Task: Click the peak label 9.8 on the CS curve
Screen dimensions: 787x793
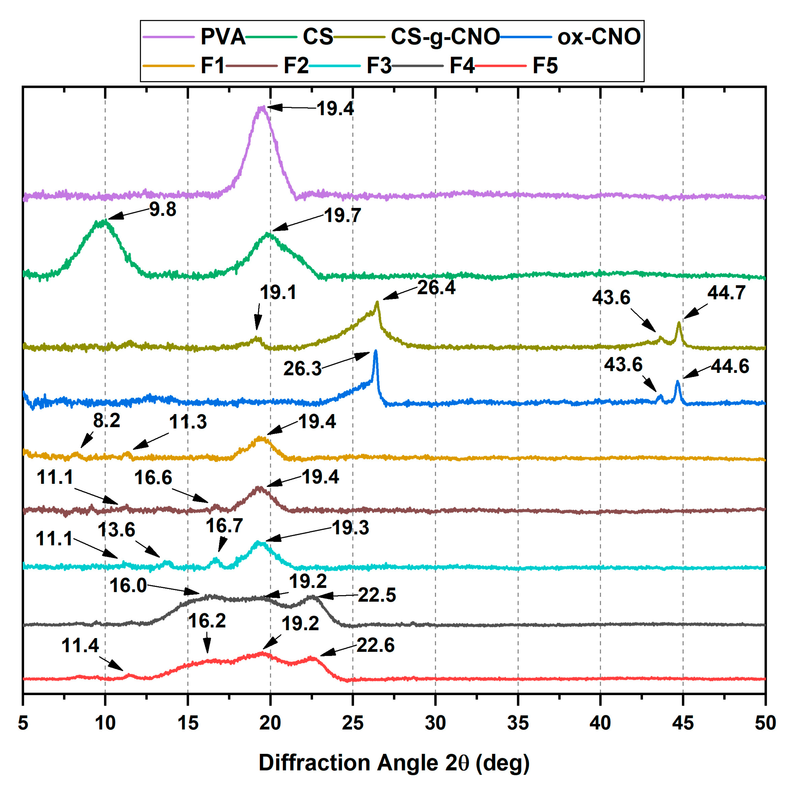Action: point(162,209)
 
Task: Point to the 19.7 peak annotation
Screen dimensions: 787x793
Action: point(342,216)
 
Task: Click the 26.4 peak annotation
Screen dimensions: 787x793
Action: point(436,288)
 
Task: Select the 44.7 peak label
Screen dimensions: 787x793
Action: point(726,293)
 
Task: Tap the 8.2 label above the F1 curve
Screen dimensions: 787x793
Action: point(106,421)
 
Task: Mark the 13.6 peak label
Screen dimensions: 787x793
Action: point(116,530)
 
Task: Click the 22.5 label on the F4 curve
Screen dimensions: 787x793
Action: point(377,595)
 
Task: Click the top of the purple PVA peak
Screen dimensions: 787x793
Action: point(261,108)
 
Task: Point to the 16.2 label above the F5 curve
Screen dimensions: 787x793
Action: point(207,621)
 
